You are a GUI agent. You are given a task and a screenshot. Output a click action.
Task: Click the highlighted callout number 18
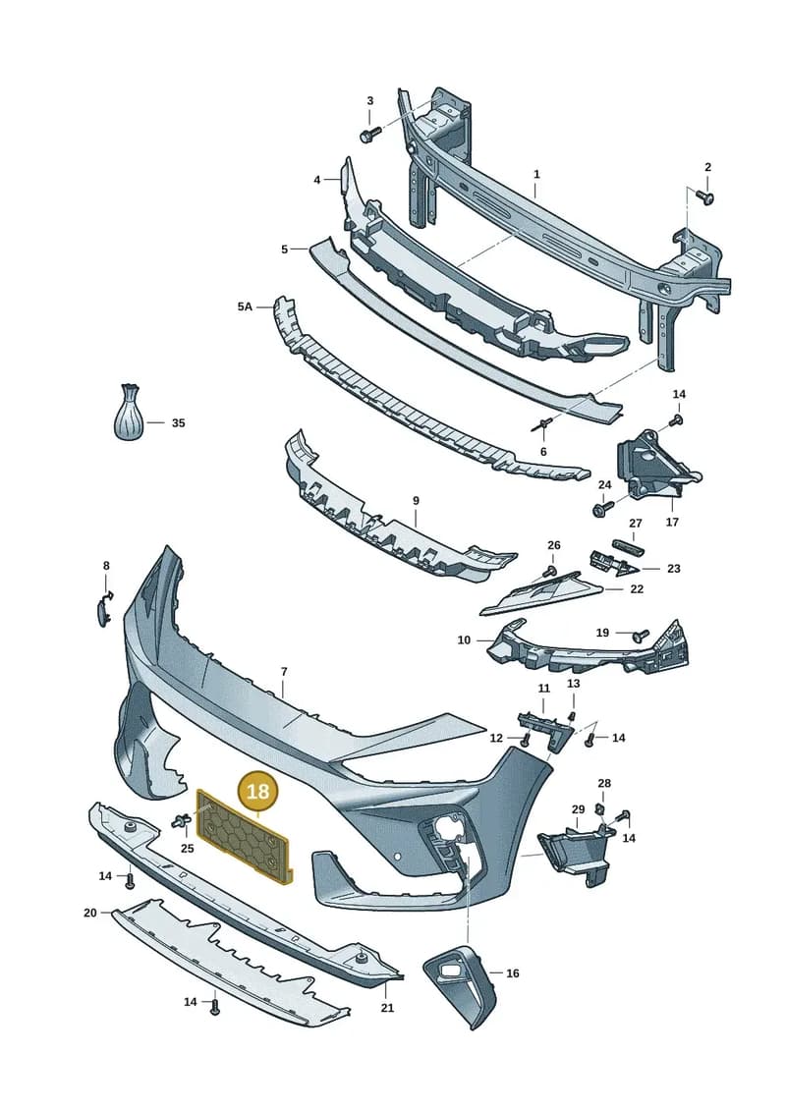257,790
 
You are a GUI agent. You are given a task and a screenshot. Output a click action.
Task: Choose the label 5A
245,306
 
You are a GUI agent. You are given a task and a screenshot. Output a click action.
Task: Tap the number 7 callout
284,671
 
